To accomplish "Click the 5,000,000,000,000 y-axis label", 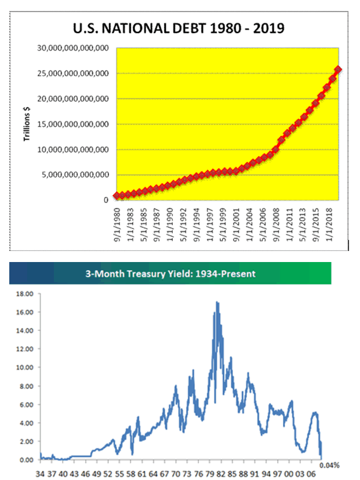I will [x=74, y=174].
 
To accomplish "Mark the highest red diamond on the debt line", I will [x=338, y=69].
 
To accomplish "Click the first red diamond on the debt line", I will [x=118, y=196].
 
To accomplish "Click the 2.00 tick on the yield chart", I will [x=24, y=441].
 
